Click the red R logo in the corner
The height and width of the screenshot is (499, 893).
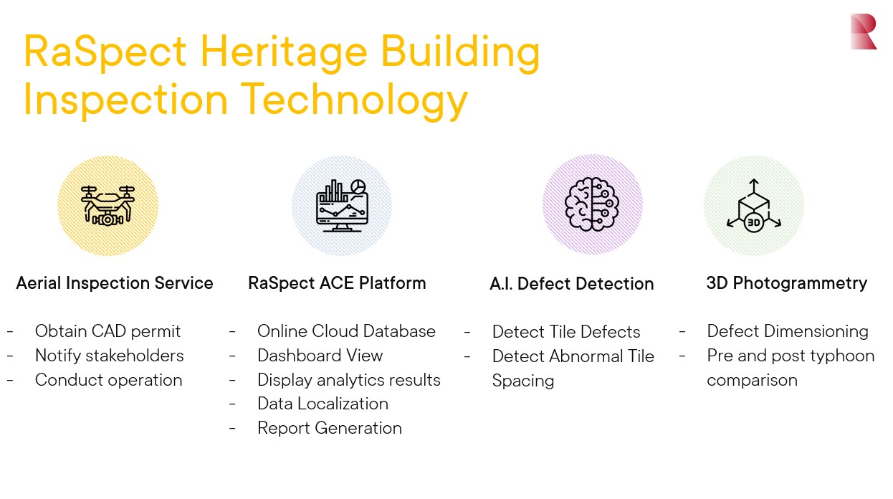point(863,32)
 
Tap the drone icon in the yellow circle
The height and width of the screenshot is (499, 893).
point(108,206)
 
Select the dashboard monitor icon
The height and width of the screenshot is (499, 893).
point(342,205)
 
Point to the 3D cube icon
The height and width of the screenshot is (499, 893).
point(753,206)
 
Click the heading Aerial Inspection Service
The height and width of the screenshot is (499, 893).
point(115,283)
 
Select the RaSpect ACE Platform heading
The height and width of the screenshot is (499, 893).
point(337,283)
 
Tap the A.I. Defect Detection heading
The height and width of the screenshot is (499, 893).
point(571,284)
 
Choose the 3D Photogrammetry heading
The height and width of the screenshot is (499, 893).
point(786,283)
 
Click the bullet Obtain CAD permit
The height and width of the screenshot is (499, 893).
point(108,331)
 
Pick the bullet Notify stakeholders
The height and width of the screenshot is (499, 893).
point(109,356)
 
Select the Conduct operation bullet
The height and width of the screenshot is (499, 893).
point(108,380)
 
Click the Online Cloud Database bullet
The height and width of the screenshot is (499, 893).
point(346,331)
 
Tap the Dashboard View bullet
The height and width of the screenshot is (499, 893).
point(320,356)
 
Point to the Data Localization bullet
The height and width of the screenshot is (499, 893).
point(323,404)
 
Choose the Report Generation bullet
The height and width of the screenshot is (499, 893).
point(329,428)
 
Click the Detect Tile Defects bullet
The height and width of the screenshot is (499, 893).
point(565,332)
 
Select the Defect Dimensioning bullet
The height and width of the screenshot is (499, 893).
point(787,331)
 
